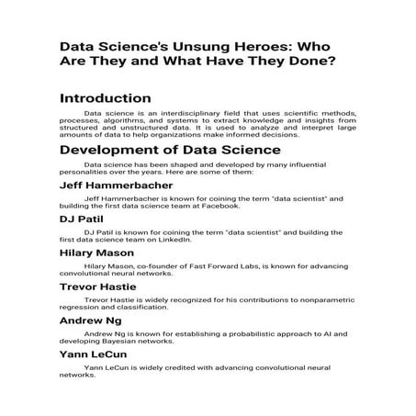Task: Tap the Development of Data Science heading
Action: [163, 149]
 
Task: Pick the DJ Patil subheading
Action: [81, 220]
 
